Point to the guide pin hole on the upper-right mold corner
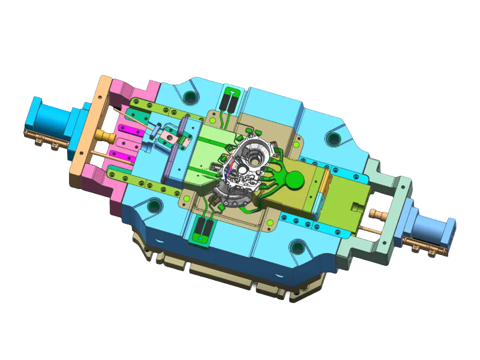coord(332,139)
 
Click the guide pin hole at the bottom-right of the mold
coord(297,246)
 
